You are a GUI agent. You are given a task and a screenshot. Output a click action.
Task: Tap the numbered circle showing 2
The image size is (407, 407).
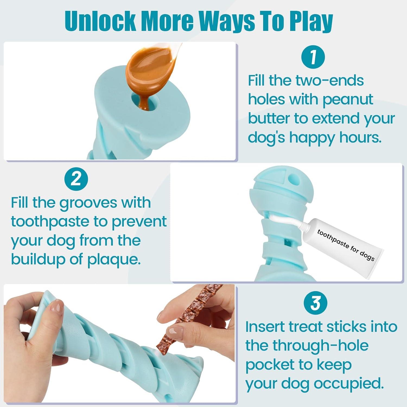click(x=76, y=179)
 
